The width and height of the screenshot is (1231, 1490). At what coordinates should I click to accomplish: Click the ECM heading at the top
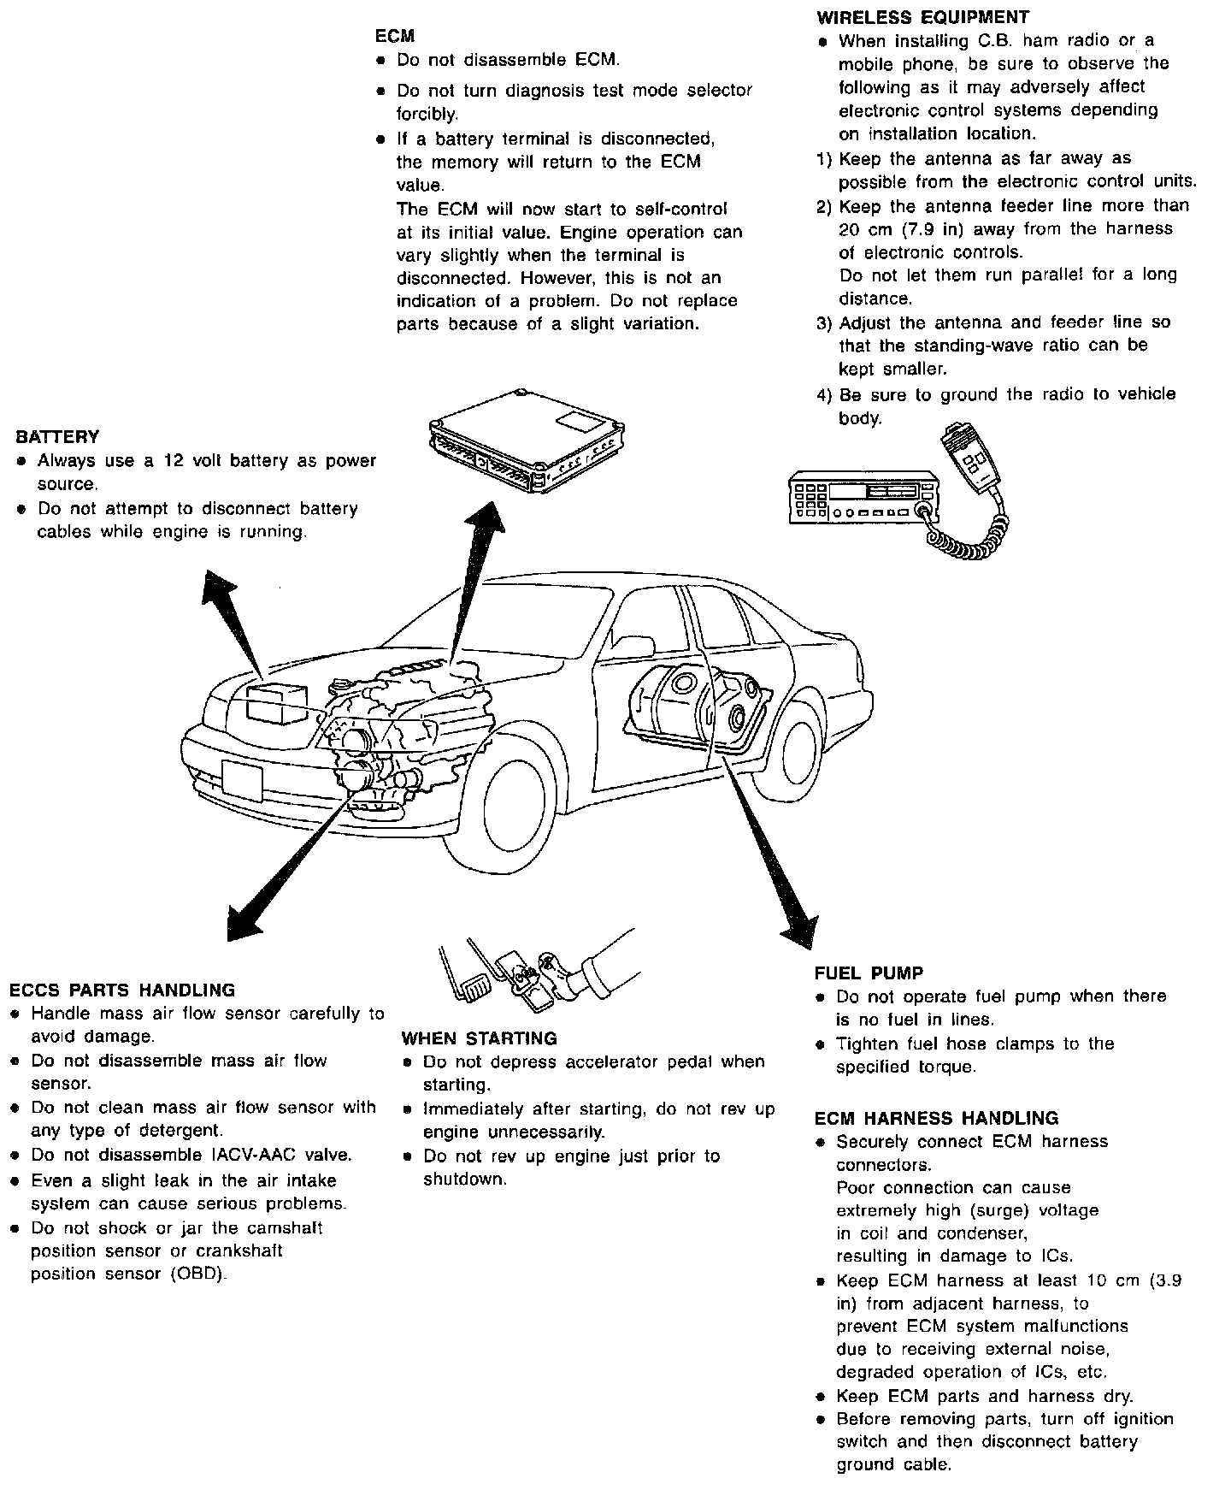[395, 36]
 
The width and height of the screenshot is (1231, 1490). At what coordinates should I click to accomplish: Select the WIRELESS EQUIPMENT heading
[923, 17]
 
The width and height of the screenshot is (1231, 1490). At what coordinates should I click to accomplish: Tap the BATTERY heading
[57, 437]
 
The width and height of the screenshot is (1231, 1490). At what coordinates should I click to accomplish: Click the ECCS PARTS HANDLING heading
[122, 990]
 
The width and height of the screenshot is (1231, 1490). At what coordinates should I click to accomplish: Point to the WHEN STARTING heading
[479, 1038]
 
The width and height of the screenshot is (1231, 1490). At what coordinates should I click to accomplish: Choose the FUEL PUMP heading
[869, 973]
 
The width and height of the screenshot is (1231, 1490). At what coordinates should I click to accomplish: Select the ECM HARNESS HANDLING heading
[936, 1118]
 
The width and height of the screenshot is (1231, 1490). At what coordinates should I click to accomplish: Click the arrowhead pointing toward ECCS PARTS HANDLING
[246, 919]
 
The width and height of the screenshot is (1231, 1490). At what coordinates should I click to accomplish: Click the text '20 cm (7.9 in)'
[909, 229]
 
